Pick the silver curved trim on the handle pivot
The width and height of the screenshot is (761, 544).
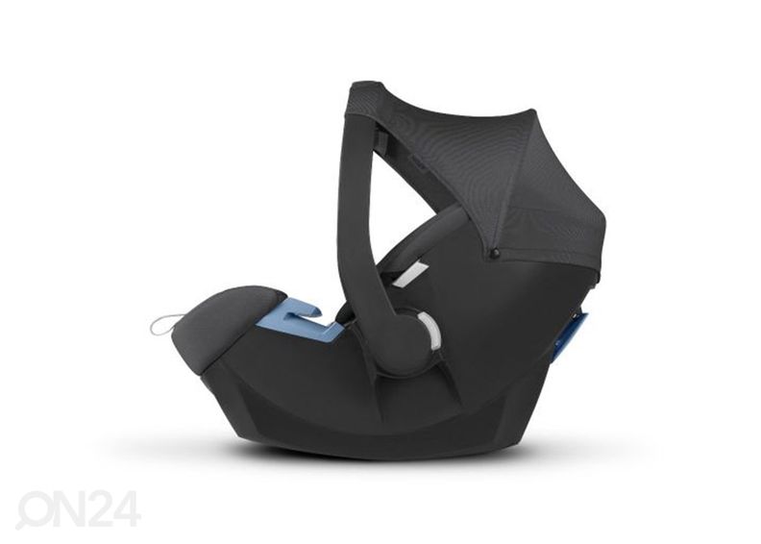434,333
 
